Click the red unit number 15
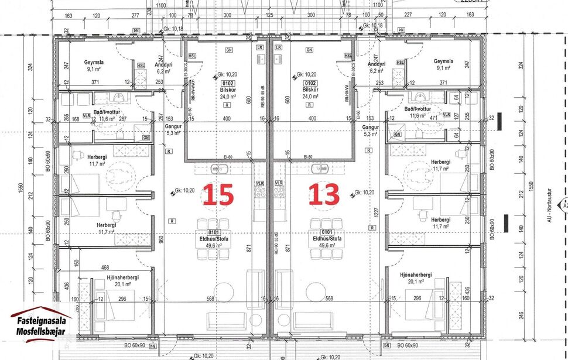point(218,195)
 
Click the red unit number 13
point(324,195)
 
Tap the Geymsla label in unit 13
point(444,61)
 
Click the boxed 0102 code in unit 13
point(310,84)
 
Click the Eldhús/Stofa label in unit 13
point(327,239)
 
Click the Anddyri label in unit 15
point(163,64)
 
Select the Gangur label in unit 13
point(370,127)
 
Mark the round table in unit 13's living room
point(317,291)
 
